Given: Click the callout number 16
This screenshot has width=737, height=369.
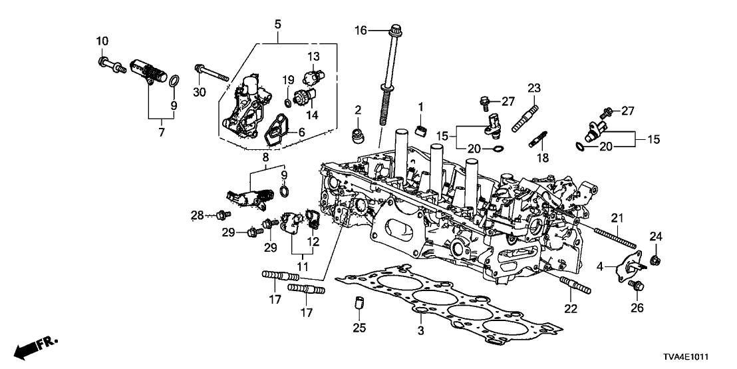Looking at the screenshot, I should coord(360,30).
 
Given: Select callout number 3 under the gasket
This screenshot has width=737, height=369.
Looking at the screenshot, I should coord(420,328).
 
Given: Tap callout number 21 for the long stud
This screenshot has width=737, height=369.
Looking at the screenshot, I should coord(618,218).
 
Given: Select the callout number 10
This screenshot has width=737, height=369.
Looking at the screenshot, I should coord(101,42).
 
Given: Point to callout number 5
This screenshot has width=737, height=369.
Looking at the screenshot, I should coord(277,25).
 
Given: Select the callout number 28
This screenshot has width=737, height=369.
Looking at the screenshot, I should coord(197,214).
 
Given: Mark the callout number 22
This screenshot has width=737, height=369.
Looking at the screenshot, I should coord(571,308).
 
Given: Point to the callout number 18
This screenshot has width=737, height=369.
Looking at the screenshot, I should coord(544,158).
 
